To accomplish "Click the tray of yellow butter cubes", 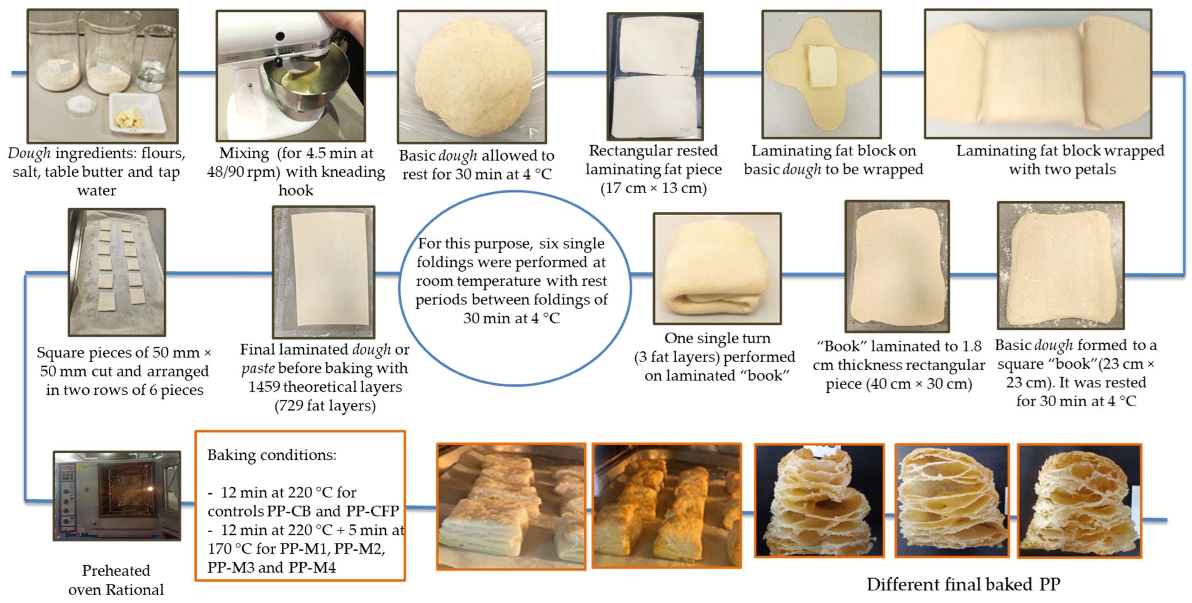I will point(136,113).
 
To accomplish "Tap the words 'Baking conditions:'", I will point(271,455).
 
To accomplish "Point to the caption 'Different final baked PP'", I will point(964,585).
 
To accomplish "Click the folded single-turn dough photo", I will point(717,269).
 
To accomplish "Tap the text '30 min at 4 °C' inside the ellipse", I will point(511,318).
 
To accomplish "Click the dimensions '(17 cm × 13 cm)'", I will point(654,188).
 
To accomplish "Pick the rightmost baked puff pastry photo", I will point(1079,501).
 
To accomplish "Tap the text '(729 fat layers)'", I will point(325,405).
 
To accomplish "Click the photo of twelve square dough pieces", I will point(117,272).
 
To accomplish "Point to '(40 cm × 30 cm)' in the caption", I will point(899,384).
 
